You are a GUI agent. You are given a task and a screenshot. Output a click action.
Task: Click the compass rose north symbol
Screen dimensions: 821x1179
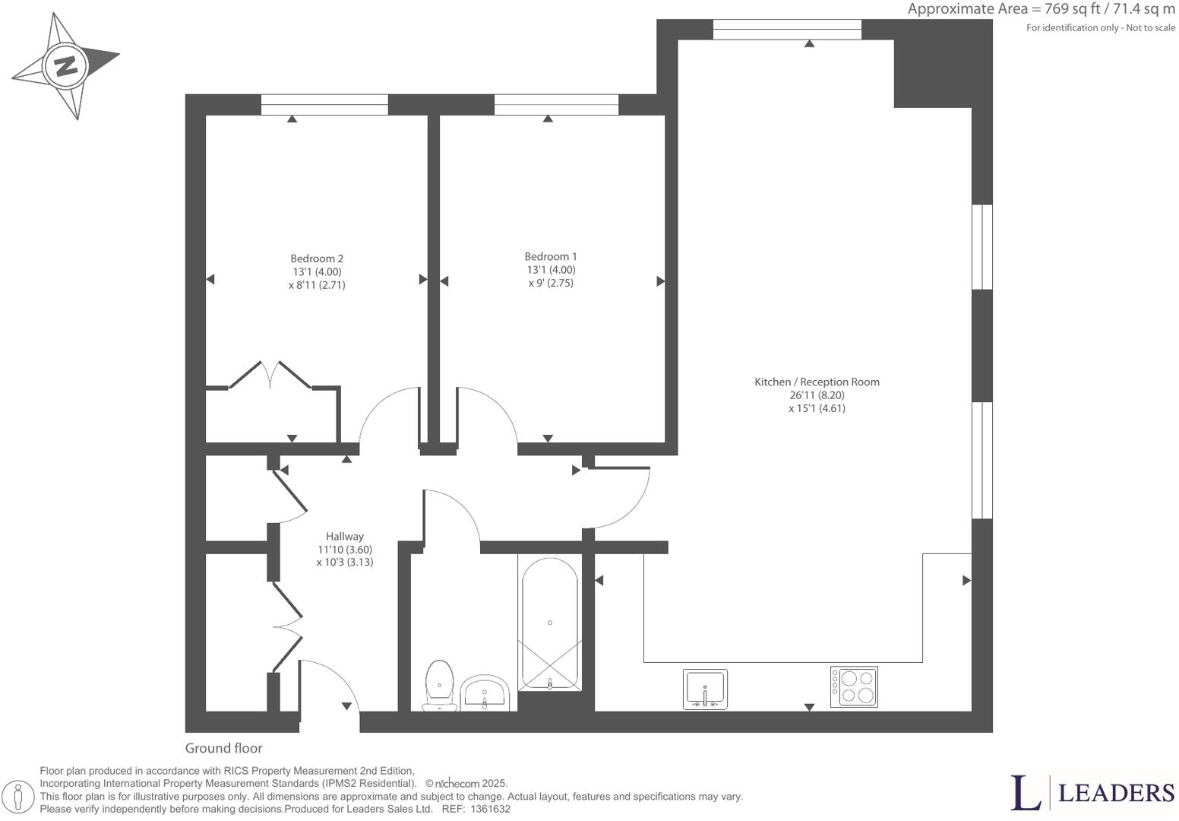(x=66, y=65)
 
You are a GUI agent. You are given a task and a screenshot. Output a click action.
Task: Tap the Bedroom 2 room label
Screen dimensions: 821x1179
(x=317, y=258)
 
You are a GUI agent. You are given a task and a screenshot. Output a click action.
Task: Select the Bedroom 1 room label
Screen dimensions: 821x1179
(x=551, y=257)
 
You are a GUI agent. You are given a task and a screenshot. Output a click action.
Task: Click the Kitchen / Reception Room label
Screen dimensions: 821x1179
(x=817, y=382)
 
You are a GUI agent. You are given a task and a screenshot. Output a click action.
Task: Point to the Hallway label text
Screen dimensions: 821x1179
(x=345, y=536)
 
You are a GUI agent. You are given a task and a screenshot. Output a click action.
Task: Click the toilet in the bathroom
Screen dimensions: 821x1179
(x=439, y=684)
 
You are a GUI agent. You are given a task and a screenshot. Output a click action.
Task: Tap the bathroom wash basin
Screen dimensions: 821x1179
(x=485, y=692)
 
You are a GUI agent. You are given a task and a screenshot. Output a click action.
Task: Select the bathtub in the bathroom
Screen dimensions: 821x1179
(x=549, y=623)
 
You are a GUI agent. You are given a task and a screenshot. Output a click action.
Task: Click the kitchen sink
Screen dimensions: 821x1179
(x=705, y=689)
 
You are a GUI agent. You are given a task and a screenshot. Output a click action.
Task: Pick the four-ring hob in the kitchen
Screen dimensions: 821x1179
(x=854, y=686)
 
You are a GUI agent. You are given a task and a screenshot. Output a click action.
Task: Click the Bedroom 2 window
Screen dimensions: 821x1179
(x=324, y=105)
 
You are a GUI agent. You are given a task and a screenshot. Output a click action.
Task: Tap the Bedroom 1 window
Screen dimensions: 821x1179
(x=556, y=105)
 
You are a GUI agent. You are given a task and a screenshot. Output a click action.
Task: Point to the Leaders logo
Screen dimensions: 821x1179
(x=1092, y=792)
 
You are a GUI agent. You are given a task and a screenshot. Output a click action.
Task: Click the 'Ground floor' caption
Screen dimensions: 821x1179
(x=223, y=748)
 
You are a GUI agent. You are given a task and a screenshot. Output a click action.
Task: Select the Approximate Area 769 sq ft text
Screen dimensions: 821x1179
(x=1041, y=9)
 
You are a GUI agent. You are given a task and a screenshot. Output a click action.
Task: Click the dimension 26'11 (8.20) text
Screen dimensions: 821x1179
(x=817, y=395)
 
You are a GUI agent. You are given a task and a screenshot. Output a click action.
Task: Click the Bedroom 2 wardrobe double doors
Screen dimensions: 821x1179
(x=270, y=375)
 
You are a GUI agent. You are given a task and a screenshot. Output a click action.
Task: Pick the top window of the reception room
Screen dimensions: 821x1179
(x=787, y=29)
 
